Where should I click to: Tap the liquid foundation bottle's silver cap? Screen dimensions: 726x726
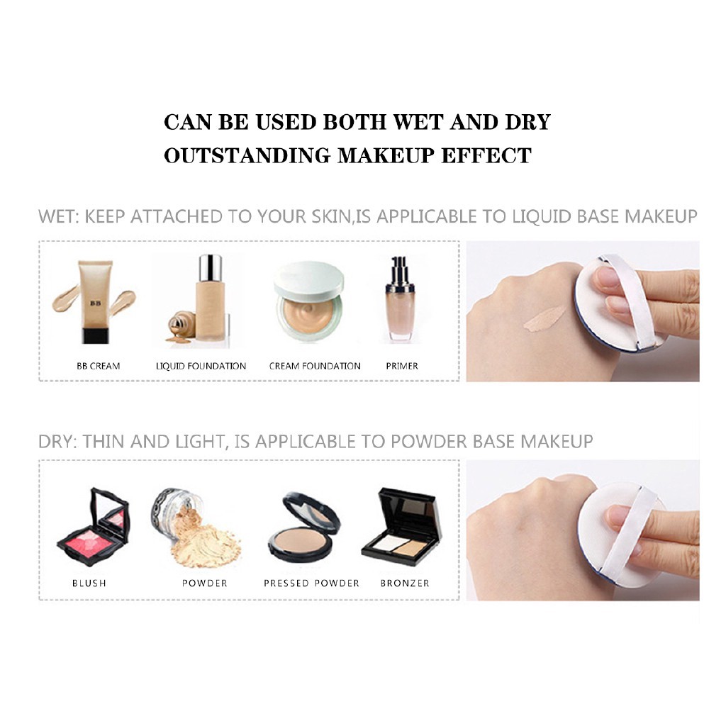(x=210, y=267)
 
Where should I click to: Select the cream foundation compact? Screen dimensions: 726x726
(x=309, y=301)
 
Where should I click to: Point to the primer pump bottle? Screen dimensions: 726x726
(x=400, y=298)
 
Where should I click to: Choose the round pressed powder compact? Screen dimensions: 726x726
(x=305, y=527)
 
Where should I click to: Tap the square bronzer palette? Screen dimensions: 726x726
(x=401, y=527)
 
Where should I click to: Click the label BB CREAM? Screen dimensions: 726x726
(x=98, y=367)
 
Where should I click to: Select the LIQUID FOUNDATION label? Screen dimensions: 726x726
(x=201, y=367)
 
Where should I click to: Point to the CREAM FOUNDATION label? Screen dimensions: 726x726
(x=315, y=367)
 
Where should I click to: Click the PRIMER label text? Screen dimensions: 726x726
(x=402, y=367)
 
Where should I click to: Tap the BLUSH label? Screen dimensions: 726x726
(x=89, y=583)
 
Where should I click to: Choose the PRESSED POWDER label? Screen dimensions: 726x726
(x=312, y=583)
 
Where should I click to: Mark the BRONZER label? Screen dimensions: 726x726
(x=405, y=583)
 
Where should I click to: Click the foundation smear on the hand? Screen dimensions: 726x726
(x=545, y=319)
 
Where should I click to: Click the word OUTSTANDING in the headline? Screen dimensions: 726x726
(x=247, y=155)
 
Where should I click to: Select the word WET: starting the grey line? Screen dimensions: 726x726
(x=58, y=217)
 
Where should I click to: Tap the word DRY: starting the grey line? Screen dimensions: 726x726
(x=57, y=442)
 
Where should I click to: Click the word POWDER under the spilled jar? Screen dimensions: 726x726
(x=205, y=583)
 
